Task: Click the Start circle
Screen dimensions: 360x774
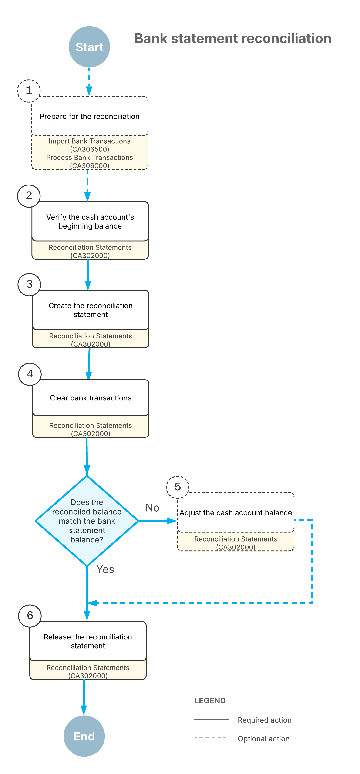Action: [89, 47]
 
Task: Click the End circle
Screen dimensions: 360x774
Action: [84, 736]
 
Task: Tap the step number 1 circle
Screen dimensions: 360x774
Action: [29, 91]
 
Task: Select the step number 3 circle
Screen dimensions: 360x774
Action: [30, 284]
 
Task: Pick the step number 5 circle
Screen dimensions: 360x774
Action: [178, 487]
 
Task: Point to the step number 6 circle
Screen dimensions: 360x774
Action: [30, 616]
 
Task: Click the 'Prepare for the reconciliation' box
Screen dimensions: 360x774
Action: [90, 116]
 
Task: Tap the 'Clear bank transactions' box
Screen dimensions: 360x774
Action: [91, 398]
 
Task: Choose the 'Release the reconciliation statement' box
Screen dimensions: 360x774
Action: [88, 641]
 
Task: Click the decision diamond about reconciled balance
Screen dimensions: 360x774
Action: [87, 521]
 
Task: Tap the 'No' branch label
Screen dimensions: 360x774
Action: [152, 508]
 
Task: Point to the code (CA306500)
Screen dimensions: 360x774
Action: [90, 149]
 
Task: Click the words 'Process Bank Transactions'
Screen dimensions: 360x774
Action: [90, 158]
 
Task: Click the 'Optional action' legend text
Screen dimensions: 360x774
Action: [263, 739]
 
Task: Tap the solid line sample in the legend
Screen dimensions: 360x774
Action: [211, 719]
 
